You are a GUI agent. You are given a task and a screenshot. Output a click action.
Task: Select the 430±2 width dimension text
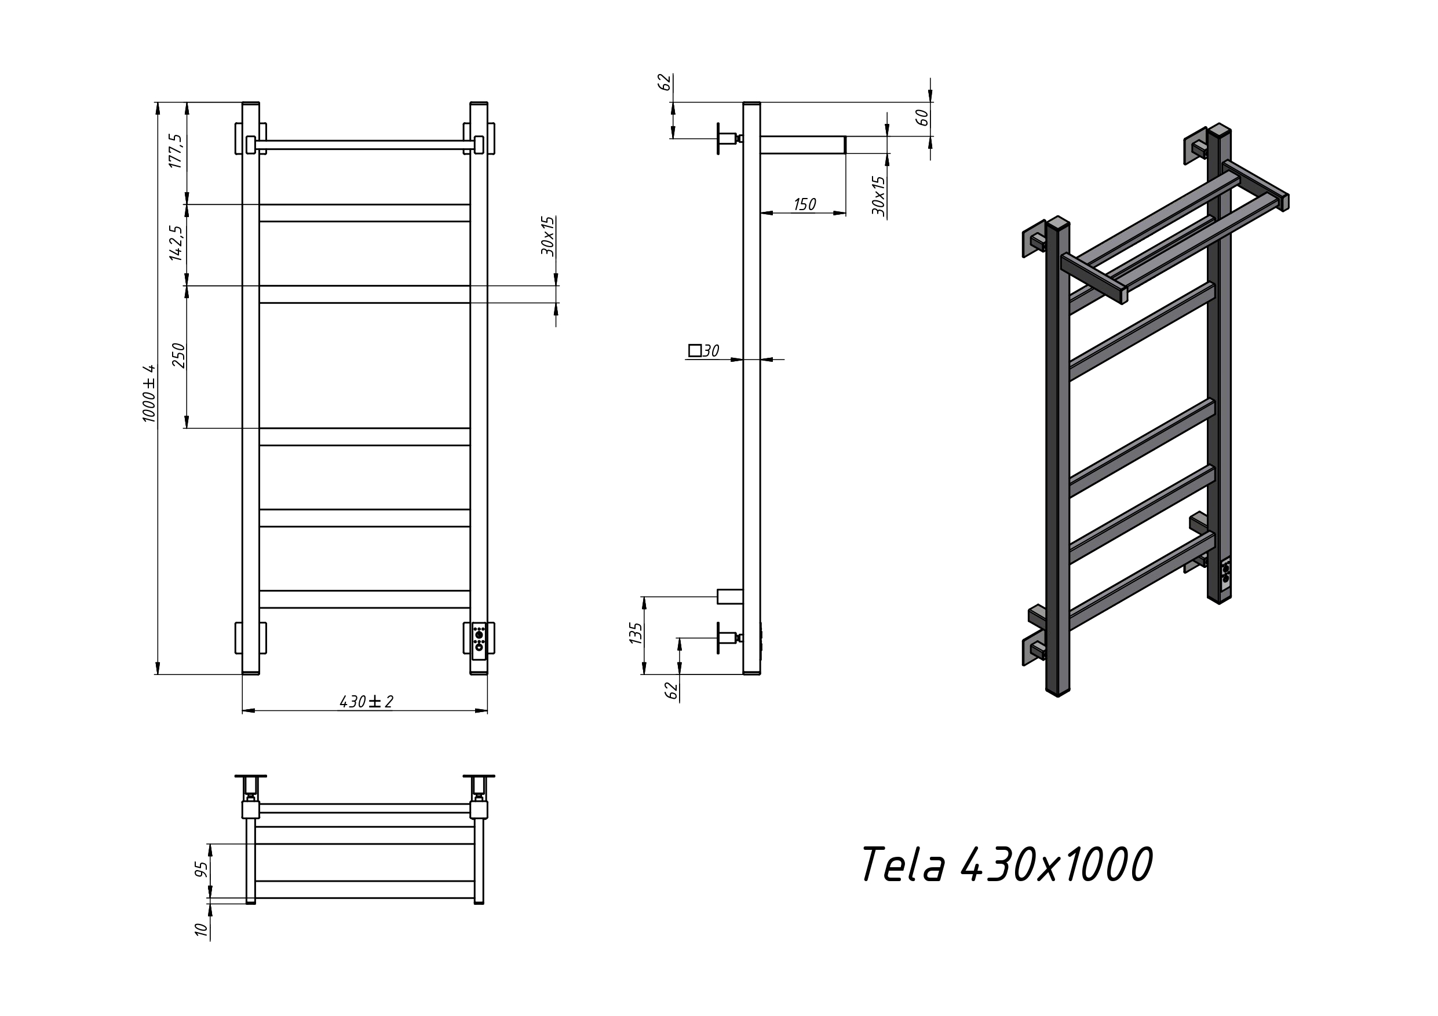366,702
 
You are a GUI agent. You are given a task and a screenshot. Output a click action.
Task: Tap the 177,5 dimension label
176,151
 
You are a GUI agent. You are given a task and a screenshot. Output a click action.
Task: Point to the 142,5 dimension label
176,243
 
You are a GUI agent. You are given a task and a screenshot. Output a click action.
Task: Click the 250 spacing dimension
179,355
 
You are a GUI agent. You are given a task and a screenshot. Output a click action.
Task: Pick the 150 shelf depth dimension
805,205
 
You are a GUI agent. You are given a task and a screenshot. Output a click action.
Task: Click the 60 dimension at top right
922,118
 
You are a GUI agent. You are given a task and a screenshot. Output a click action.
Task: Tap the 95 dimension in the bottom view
201,869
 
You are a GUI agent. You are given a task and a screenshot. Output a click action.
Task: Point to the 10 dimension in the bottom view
201,930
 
